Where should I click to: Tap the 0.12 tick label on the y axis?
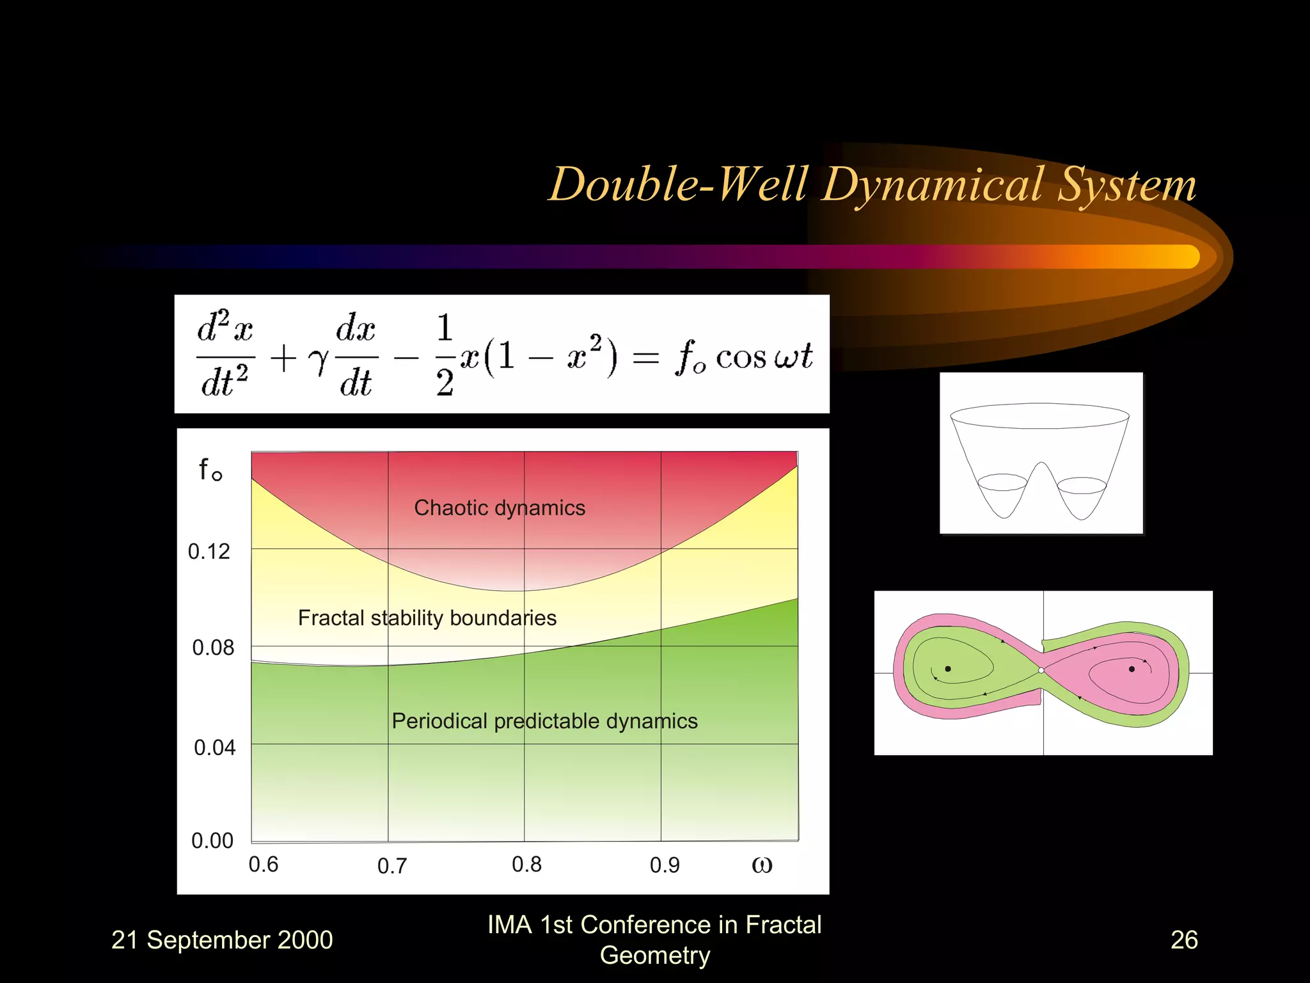209,552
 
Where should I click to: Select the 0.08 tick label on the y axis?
213,648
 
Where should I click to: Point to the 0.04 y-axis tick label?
214,747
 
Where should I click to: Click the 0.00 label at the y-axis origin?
212,840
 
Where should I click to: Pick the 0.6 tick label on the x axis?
264,865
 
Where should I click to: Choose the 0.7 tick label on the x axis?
392,866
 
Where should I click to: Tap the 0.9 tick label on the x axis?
665,865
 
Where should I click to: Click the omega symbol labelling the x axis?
762,865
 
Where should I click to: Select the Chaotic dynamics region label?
500,507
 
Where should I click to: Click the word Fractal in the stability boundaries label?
331,618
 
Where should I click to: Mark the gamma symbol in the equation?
318,361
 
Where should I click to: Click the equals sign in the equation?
645,358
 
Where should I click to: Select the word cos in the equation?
741,358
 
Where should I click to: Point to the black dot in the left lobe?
948,669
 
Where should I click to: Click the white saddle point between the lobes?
1041,670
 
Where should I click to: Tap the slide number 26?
1184,939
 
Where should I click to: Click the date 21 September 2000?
222,939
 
